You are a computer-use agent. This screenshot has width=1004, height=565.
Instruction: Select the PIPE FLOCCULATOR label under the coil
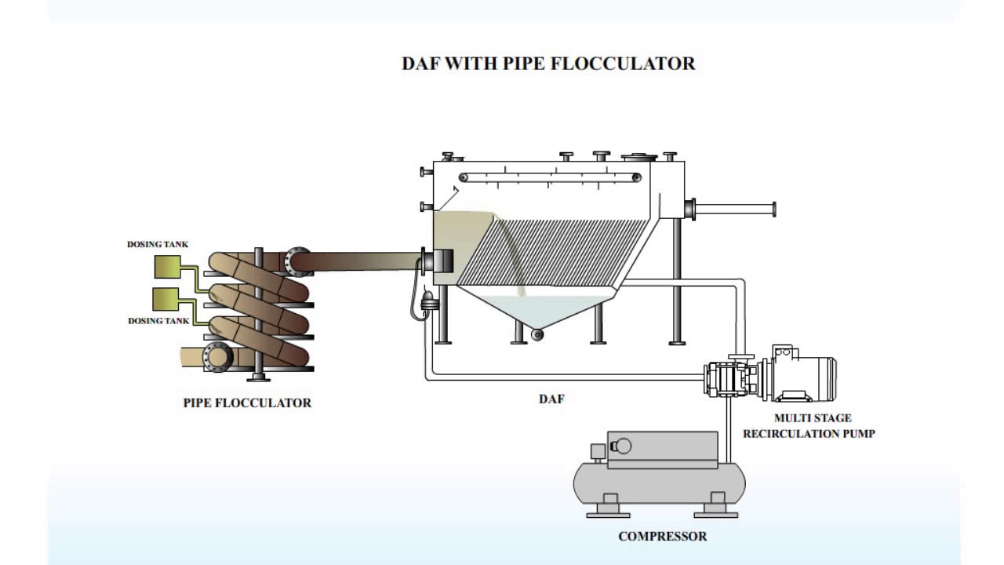(247, 403)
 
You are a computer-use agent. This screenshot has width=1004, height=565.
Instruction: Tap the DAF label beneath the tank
(551, 399)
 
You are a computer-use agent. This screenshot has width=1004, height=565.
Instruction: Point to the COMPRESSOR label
(662, 537)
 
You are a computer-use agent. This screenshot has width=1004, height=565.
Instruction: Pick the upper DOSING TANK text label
(158, 245)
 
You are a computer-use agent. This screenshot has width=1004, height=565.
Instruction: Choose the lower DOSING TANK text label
(158, 321)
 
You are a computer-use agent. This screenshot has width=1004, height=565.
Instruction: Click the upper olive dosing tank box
(166, 268)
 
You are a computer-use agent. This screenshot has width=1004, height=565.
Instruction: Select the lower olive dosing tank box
(166, 298)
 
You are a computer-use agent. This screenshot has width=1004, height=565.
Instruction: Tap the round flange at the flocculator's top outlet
(297, 261)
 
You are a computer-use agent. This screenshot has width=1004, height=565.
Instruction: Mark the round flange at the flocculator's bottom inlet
(217, 357)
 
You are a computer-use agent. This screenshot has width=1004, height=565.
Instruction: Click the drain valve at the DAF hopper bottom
(537, 335)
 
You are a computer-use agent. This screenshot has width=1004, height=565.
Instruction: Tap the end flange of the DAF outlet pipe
(773, 209)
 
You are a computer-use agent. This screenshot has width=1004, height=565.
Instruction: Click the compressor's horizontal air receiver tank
(659, 483)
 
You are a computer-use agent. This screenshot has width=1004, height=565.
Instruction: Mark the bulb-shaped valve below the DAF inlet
(428, 301)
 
